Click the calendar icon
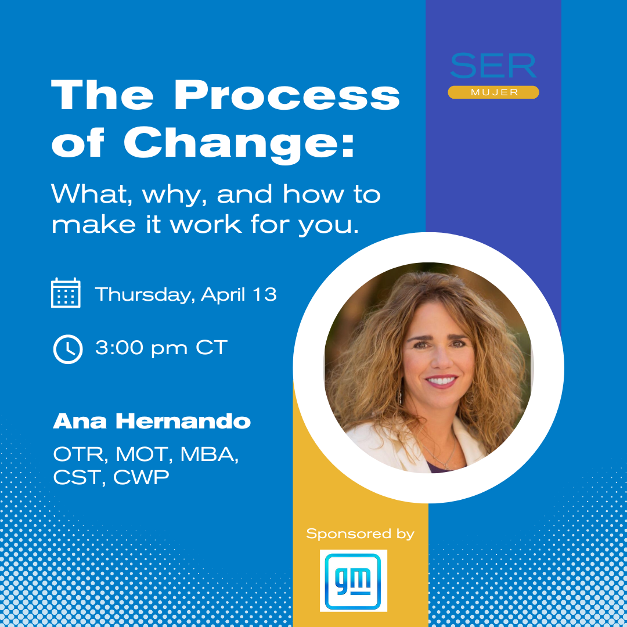coord(66,293)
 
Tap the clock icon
coord(68,349)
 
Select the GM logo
coord(353,581)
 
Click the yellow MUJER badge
coord(493,92)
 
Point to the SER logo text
coord(493,66)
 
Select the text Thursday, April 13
coord(186,295)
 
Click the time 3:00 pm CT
coord(161,348)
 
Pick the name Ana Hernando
coord(152,421)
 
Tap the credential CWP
coord(141,477)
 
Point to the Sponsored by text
coord(361,534)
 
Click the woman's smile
coord(441,381)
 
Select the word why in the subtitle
coord(174,195)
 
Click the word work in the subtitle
coord(206,224)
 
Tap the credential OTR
coord(80,454)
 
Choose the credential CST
coord(79,477)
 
